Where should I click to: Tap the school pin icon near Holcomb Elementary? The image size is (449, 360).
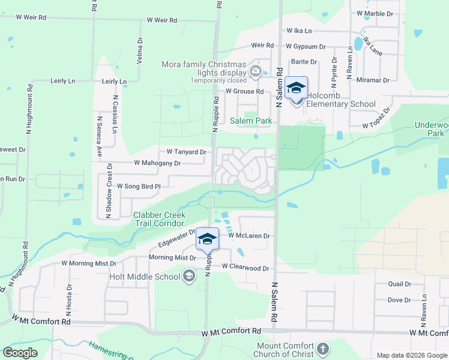pyautogui.click(x=296, y=88)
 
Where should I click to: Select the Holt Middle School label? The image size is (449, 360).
pyautogui.click(x=145, y=277)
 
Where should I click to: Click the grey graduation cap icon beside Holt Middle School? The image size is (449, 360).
pyautogui.click(x=189, y=276)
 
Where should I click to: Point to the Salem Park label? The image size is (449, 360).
pyautogui.click(x=252, y=121)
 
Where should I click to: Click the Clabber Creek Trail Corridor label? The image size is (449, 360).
pyautogui.click(x=160, y=219)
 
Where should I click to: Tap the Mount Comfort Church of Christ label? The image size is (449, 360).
pyautogui.click(x=285, y=350)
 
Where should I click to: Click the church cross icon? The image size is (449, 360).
pyautogui.click(x=323, y=349)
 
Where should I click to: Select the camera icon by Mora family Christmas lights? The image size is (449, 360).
pyautogui.click(x=256, y=72)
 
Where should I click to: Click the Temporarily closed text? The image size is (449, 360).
pyautogui.click(x=218, y=80)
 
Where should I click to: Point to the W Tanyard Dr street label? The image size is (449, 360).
pyautogui.click(x=186, y=152)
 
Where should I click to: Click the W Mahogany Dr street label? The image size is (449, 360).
pyautogui.click(x=157, y=163)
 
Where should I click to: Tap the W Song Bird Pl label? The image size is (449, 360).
pyautogui.click(x=139, y=187)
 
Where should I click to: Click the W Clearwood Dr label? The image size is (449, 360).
pyautogui.click(x=245, y=266)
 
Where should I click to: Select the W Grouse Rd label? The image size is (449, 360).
pyautogui.click(x=244, y=91)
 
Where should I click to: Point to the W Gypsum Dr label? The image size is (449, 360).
pyautogui.click(x=306, y=46)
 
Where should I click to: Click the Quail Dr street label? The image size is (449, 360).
pyautogui.click(x=399, y=284)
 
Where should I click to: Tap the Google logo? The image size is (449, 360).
pyautogui.click(x=20, y=353)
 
